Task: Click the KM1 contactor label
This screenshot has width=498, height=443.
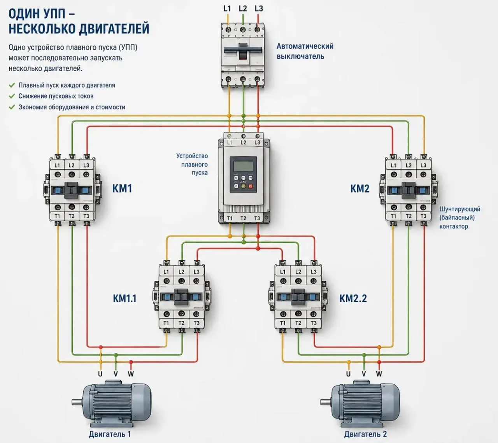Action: coord(122,189)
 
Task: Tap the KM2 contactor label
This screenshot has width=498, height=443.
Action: coord(360,189)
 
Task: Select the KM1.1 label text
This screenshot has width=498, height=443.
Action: coord(124,298)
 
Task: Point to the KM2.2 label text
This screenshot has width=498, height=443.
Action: coord(353,298)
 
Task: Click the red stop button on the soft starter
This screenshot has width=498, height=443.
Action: coord(251,186)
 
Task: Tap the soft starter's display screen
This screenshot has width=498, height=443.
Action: coord(243,166)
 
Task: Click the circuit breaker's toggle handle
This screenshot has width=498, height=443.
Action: coord(243,51)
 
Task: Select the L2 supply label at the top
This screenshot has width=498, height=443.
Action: coord(243,9)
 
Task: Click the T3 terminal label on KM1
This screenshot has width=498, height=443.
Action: coord(86,216)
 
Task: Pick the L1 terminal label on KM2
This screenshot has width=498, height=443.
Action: coord(393,165)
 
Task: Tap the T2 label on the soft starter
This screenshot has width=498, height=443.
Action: coord(243,218)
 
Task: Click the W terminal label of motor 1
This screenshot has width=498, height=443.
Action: coord(131,374)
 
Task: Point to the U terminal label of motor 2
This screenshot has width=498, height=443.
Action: coord(348,374)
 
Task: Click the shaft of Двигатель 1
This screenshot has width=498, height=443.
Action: coord(77,403)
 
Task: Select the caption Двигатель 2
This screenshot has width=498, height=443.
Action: coord(365,434)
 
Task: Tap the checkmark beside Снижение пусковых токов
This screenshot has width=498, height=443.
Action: coord(12,96)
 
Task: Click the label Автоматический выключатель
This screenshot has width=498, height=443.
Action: coord(305,51)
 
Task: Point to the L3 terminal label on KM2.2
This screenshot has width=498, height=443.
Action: coord(314,272)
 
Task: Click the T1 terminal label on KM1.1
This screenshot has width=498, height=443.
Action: coord(166,323)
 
